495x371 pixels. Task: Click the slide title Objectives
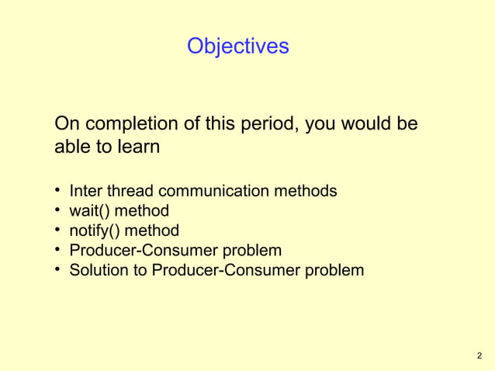click(237, 47)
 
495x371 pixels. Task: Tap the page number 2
click(479, 356)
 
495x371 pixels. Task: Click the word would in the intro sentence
click(365, 124)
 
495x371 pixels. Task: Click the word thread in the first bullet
click(131, 190)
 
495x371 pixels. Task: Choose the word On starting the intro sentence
click(67, 124)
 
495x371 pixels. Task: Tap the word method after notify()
click(152, 231)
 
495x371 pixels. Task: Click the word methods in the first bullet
click(310, 190)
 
